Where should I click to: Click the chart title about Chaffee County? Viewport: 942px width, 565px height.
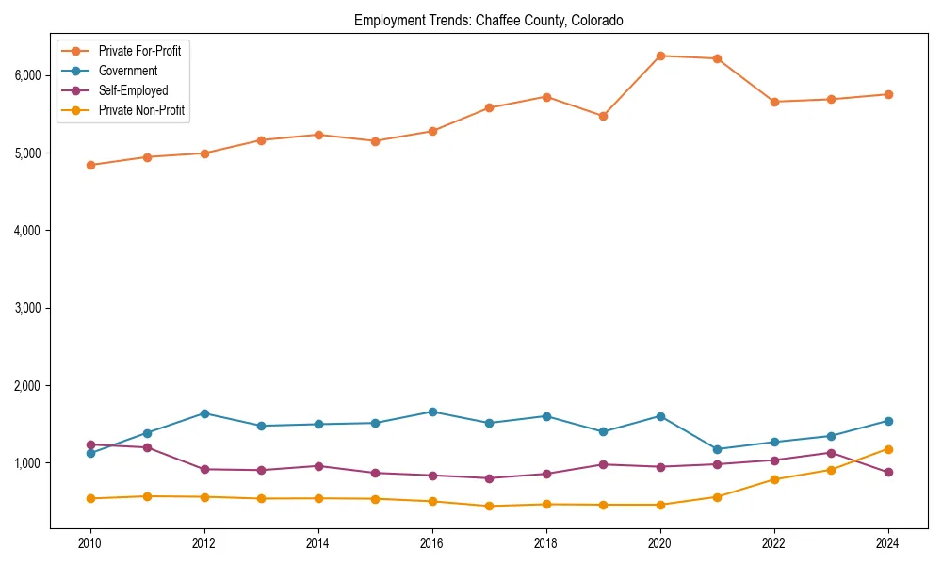[488, 20]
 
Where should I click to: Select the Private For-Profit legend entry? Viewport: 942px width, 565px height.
[140, 51]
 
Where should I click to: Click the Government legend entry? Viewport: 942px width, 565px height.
[127, 71]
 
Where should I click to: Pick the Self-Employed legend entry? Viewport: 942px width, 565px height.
[133, 90]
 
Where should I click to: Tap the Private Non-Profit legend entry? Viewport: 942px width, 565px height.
[141, 110]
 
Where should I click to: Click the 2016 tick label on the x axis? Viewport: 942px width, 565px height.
[431, 543]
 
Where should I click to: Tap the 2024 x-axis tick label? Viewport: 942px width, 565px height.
[886, 543]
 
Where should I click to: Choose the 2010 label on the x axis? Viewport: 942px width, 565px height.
[90, 543]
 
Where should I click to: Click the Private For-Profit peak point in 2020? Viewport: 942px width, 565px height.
[660, 56]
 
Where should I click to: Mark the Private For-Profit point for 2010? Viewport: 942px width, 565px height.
[90, 165]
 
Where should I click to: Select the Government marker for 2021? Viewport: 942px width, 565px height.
[717, 449]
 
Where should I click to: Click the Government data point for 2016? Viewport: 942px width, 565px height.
[431, 412]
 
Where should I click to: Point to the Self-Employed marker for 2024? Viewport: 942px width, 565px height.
[887, 472]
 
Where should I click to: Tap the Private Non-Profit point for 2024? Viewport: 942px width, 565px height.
[887, 449]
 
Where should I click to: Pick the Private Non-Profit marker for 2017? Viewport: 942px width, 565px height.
[489, 506]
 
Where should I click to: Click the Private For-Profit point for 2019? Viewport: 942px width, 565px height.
[603, 116]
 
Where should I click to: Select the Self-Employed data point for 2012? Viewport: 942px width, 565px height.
[204, 469]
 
